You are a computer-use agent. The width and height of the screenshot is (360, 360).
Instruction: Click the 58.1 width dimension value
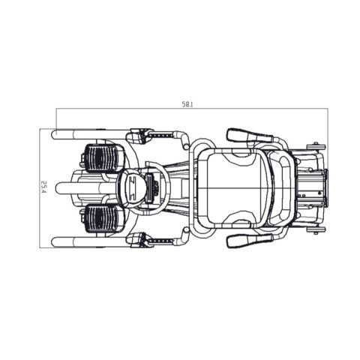tap(187, 104)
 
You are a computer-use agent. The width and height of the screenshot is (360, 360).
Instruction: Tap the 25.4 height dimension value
tap(44, 187)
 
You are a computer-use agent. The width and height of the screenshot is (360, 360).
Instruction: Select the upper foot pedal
tap(103, 157)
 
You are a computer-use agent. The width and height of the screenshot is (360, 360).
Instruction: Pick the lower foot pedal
tap(103, 218)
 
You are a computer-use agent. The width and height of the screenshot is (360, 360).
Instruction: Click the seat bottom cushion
tap(235, 187)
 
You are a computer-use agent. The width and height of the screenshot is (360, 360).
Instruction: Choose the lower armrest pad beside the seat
tap(249, 240)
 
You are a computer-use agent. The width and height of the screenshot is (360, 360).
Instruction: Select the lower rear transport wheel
tap(317, 230)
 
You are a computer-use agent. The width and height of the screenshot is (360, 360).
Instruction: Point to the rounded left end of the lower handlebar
tap(56, 241)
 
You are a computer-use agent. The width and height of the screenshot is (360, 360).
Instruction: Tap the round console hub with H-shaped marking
tap(132, 187)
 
